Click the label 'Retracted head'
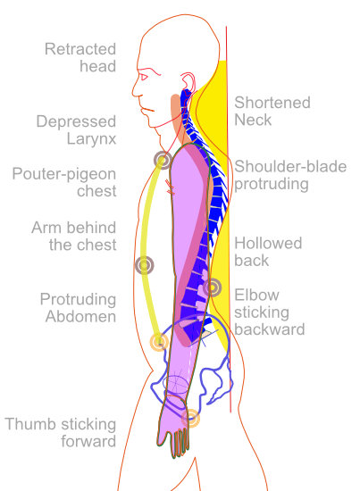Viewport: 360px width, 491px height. click(x=80, y=58)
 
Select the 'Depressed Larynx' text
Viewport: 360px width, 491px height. click(x=76, y=130)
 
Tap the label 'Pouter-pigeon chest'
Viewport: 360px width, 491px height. click(x=64, y=182)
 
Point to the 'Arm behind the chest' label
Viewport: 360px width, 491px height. click(x=74, y=236)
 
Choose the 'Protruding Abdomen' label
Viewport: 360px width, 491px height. click(x=78, y=308)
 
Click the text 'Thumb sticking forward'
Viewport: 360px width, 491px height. click(x=61, y=432)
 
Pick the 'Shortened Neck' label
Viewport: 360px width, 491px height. click(x=272, y=111)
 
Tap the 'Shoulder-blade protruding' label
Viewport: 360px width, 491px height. click(x=290, y=175)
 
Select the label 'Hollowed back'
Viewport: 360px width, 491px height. click(x=268, y=252)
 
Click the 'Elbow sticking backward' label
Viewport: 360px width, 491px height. click(x=270, y=312)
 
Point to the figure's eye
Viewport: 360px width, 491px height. click(x=144, y=77)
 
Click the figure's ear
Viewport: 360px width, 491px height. click(x=188, y=83)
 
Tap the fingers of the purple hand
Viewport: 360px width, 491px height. click(x=180, y=443)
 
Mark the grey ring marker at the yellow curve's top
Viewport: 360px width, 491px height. click(x=163, y=160)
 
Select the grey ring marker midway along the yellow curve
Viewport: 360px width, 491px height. click(x=144, y=265)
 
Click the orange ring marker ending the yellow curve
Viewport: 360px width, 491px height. click(x=159, y=342)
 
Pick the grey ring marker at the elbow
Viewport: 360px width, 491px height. click(x=212, y=287)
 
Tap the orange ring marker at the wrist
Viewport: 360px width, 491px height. click(x=190, y=418)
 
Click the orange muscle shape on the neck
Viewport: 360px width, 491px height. click(x=175, y=113)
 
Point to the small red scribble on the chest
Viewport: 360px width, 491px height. click(x=170, y=187)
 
